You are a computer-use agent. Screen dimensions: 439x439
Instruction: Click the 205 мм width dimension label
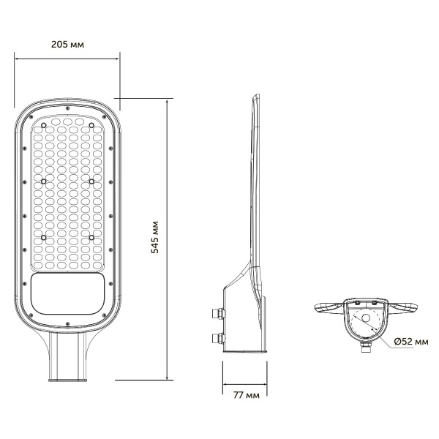(68, 44)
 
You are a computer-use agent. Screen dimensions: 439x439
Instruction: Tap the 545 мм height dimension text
(155, 236)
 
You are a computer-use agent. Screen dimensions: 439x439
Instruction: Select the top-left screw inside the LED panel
(44, 125)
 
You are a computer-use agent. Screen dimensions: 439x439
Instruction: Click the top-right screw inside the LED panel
(92, 125)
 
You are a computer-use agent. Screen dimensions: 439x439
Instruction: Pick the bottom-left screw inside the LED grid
(44, 237)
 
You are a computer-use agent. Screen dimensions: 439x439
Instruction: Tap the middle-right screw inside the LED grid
(92, 181)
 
